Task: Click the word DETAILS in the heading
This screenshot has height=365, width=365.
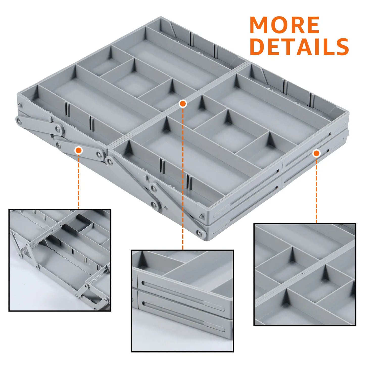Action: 299,47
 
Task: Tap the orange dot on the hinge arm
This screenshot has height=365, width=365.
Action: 79,151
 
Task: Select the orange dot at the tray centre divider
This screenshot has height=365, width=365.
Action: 183,104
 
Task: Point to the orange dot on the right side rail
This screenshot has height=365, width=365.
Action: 316,153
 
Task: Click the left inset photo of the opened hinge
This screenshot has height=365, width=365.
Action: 60,260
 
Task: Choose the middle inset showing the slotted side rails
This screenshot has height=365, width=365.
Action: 182,301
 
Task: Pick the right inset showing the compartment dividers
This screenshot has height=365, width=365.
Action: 305,274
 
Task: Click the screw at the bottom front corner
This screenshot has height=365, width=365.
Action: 201,233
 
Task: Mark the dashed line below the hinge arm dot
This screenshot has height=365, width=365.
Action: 79,182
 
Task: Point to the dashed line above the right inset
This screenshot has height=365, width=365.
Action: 316,189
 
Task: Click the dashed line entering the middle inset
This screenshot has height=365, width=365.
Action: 183,227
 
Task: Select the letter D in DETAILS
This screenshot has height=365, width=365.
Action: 257,47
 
